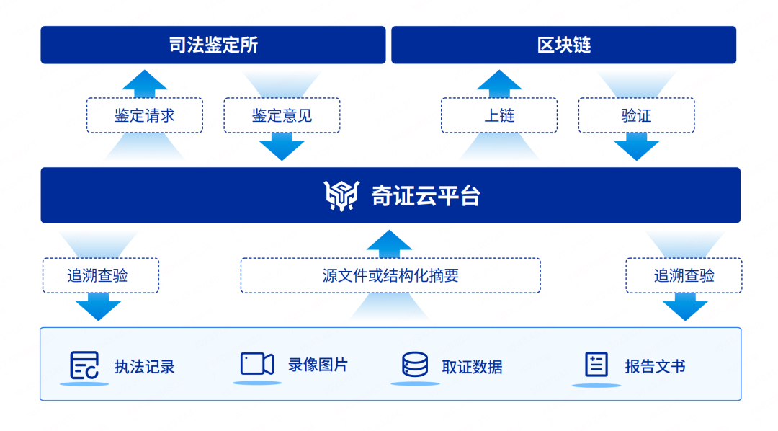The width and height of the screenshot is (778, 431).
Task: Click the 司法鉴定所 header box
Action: [213, 45]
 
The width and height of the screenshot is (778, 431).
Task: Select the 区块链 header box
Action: [563, 45]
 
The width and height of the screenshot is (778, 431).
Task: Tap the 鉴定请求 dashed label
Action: [145, 115]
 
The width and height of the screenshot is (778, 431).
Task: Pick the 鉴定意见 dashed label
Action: [282, 115]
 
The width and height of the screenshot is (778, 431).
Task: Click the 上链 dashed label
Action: [499, 115]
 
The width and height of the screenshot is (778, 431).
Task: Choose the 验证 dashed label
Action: [636, 115]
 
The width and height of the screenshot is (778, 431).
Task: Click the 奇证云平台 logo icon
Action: [341, 195]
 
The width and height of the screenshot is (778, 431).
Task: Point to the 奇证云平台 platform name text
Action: [425, 195]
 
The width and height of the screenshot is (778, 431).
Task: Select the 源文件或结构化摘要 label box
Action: [390, 275]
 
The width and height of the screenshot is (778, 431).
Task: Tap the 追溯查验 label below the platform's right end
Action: [684, 275]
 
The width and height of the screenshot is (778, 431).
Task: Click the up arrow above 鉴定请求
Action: [145, 82]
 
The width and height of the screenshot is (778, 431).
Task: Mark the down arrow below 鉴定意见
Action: [282, 148]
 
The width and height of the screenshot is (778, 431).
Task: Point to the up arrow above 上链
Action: [499, 82]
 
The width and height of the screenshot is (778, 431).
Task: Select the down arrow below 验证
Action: [637, 148]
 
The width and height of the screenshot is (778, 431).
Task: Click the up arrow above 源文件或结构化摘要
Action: [390, 243]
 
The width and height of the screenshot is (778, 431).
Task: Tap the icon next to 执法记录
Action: [84, 365]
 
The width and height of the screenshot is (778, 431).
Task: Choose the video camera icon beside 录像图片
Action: [256, 364]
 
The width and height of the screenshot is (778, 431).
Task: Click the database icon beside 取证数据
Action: [415, 365]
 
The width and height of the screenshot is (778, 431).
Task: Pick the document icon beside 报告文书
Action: [596, 365]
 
